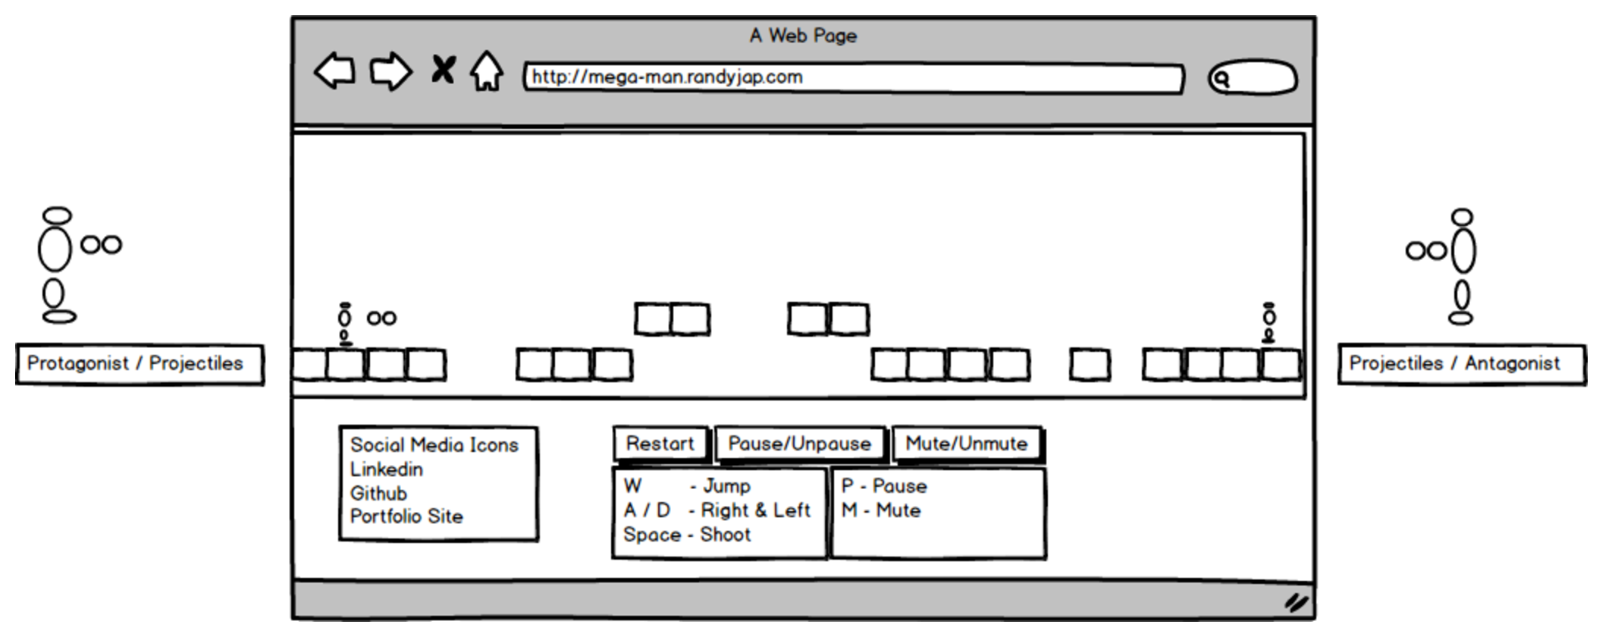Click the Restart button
[x=660, y=444]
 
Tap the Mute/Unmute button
[x=966, y=444]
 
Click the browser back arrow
[x=334, y=72]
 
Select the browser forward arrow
[x=390, y=72]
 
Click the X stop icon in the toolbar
[x=443, y=70]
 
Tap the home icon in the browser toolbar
[x=486, y=72]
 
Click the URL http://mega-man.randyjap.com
[x=667, y=77]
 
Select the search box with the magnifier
[x=1253, y=78]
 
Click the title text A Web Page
[x=803, y=36]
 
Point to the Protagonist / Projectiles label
[x=135, y=364]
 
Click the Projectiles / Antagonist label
[x=1454, y=364]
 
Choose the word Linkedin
[x=387, y=469]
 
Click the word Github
[x=378, y=494]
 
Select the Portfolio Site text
[x=406, y=517]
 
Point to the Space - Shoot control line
[x=687, y=535]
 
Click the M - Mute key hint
[x=881, y=510]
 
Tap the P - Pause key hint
[x=884, y=486]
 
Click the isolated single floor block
[x=1090, y=365]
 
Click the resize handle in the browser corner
[x=1296, y=603]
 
